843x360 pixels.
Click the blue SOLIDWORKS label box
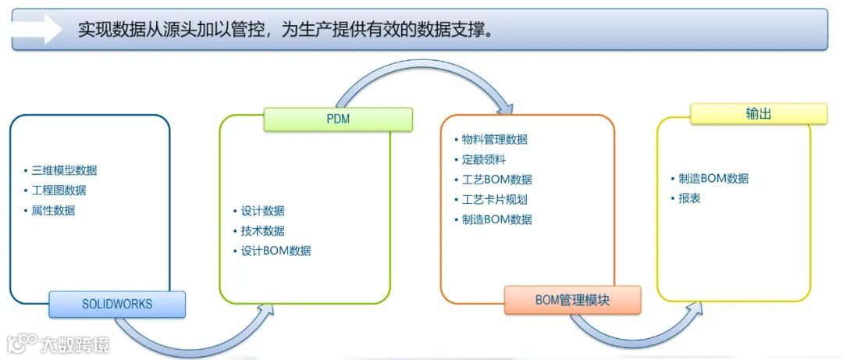click(117, 305)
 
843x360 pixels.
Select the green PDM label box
click(338, 119)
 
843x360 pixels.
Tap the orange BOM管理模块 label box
click(572, 300)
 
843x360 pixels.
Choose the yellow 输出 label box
click(758, 114)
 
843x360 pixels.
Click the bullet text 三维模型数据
click(64, 170)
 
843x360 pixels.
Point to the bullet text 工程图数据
click(59, 190)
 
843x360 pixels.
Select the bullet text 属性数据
click(53, 210)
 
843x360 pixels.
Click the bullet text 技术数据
click(262, 231)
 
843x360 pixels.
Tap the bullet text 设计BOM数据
click(276, 251)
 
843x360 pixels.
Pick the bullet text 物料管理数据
click(494, 140)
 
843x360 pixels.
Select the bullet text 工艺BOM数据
click(496, 180)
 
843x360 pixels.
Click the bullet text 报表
click(689, 198)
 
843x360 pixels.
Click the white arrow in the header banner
click(37, 30)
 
